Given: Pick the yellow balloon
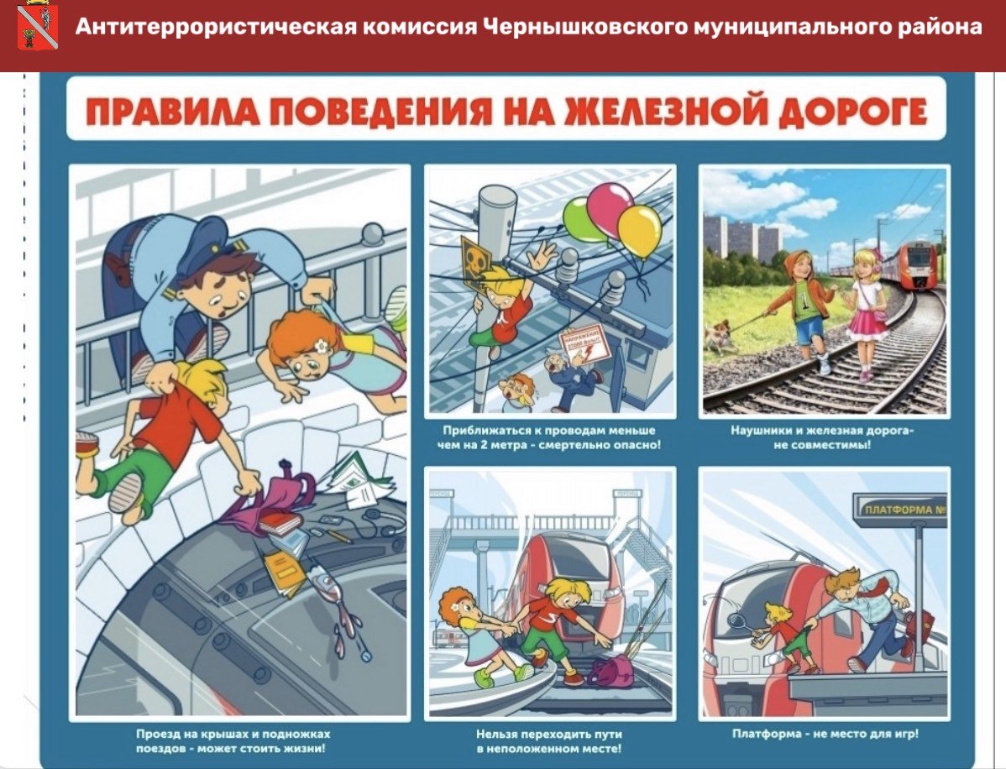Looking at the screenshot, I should coord(640,230).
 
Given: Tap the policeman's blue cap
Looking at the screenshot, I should coord(207,238).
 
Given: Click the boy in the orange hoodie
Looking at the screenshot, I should coord(807,306).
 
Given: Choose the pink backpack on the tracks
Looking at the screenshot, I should coord(610,672).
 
